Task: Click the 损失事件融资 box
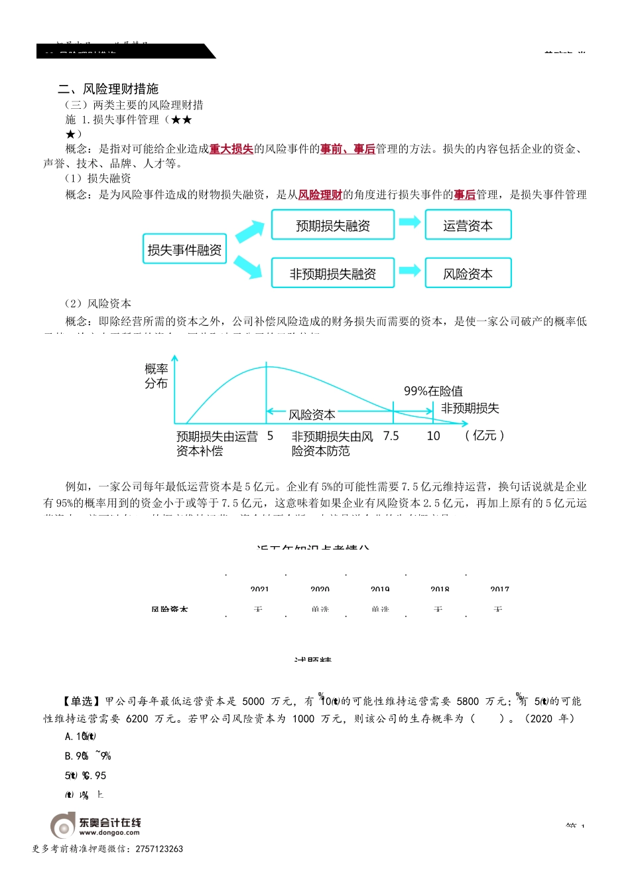coord(184,250)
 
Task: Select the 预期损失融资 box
coord(333,226)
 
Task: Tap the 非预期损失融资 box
coord(333,273)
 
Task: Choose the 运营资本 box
coord(468,226)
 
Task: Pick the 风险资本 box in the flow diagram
coord(468,273)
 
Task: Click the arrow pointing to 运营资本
coord(409,222)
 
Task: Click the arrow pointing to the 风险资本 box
coord(409,271)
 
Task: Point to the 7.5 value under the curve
coord(391,436)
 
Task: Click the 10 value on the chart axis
coord(433,436)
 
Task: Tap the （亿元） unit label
coord(485,435)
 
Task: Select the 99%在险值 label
coord(434,391)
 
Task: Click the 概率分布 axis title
coord(157,376)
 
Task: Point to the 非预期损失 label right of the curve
coord(470,408)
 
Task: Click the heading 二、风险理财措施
coord(108,89)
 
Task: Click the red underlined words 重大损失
coord(231,149)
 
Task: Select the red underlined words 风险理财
coord(320,194)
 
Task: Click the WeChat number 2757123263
coord(159,849)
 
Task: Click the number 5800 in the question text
coord(468,702)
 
